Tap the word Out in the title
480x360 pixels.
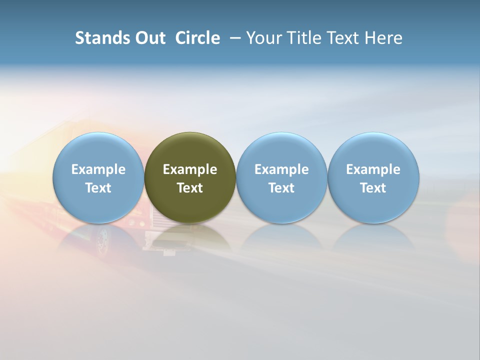tap(148, 38)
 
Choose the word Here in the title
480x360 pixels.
tap(384, 38)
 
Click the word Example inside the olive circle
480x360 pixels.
tap(190, 169)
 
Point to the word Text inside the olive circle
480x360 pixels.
tap(190, 188)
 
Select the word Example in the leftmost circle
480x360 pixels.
tap(98, 169)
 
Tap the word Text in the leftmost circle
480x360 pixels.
tap(98, 188)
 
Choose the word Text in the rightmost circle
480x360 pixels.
tap(373, 188)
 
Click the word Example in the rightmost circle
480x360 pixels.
tap(373, 169)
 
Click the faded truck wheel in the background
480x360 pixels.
tap(101, 241)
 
